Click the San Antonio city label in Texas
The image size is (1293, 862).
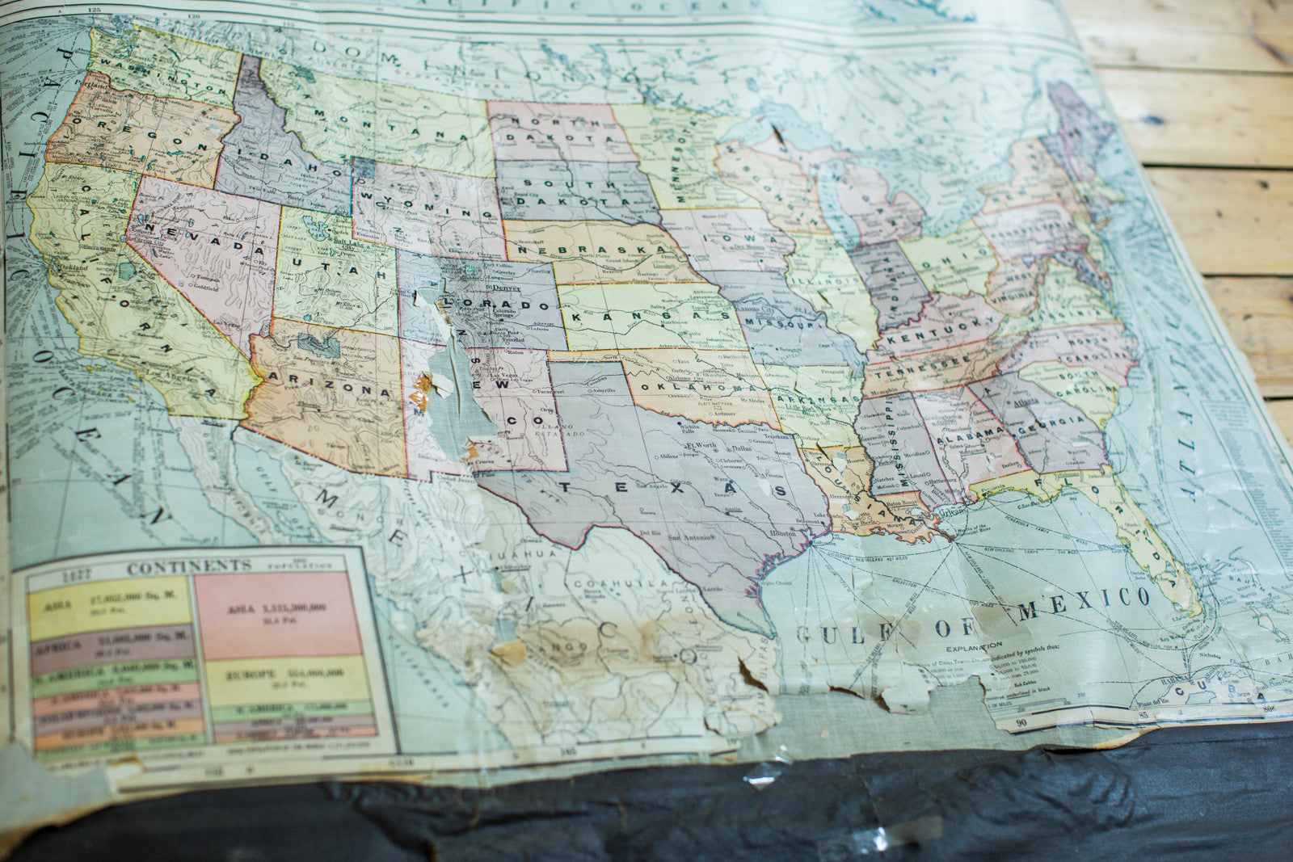pos(689,536)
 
